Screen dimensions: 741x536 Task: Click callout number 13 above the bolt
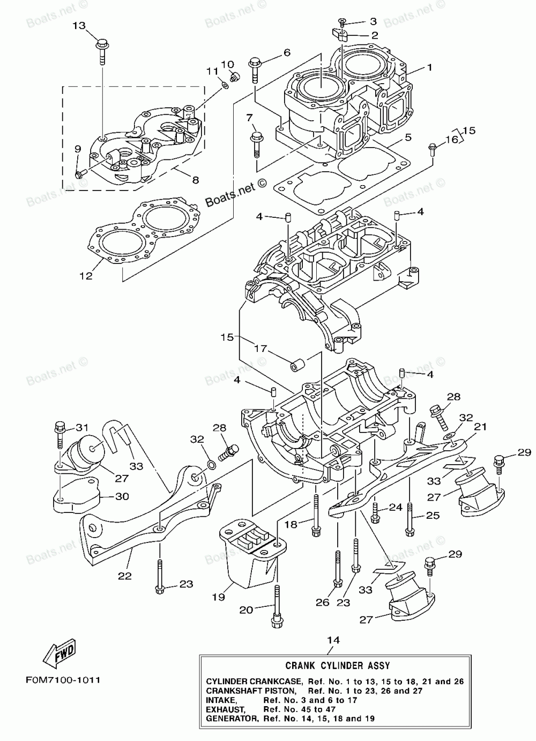(x=79, y=25)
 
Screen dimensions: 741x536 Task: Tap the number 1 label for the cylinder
(x=429, y=68)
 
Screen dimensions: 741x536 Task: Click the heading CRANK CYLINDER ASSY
(x=337, y=665)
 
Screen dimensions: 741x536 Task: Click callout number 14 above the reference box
(x=333, y=640)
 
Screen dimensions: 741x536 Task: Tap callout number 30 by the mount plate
(x=122, y=497)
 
